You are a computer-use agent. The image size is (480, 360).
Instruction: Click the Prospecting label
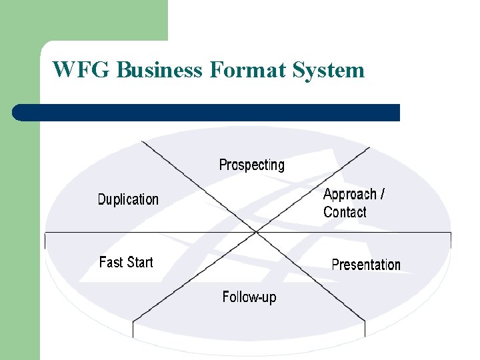(251, 165)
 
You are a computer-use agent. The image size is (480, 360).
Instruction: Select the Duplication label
(128, 199)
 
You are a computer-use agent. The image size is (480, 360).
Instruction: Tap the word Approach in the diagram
(350, 195)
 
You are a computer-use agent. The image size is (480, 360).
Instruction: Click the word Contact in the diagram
(345, 212)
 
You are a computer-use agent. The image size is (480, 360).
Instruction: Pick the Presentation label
(366, 265)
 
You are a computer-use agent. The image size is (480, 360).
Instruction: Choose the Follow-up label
(249, 297)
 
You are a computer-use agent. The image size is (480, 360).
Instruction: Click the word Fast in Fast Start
(111, 262)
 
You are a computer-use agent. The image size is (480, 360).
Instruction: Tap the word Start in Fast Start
(140, 262)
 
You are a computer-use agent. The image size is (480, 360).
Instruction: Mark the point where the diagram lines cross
(255, 232)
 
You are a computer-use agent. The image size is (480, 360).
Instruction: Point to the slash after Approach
(382, 194)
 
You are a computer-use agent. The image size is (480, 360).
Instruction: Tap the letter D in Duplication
(102, 199)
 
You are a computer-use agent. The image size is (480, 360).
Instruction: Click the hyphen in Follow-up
(259, 297)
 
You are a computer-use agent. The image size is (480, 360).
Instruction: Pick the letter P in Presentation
(336, 265)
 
